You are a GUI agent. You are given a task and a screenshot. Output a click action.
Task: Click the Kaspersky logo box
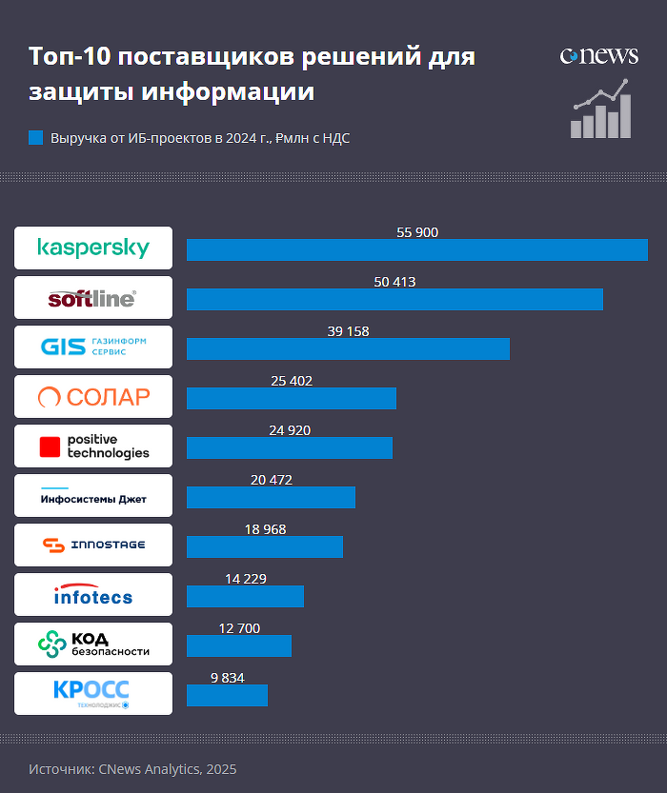pos(93,248)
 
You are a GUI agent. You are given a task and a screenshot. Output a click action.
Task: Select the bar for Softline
pos(394,299)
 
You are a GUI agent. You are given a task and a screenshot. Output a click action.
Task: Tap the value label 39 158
pos(348,331)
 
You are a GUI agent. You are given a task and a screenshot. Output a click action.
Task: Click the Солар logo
pos(93,396)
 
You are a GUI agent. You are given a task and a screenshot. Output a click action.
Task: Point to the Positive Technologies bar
pos(290,447)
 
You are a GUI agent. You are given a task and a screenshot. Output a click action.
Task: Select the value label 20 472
pos(272,480)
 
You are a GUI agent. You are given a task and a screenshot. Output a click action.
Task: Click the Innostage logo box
pos(93,545)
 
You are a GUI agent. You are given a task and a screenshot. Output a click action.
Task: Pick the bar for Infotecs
pos(245,596)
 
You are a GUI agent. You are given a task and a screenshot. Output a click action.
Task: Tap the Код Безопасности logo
pos(93,644)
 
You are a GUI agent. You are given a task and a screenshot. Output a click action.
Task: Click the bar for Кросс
pos(227,695)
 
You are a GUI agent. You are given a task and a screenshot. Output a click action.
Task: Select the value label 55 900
pos(417,232)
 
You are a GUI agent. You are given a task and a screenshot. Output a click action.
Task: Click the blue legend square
pos(36,138)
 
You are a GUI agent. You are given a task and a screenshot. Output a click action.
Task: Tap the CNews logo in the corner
pos(598,56)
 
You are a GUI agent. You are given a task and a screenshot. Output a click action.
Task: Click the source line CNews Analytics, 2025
pos(132,769)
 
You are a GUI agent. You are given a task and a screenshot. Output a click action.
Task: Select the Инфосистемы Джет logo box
pos(93,495)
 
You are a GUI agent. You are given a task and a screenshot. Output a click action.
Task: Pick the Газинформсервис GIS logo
pos(93,347)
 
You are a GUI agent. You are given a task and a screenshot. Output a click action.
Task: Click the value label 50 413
pos(395,282)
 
